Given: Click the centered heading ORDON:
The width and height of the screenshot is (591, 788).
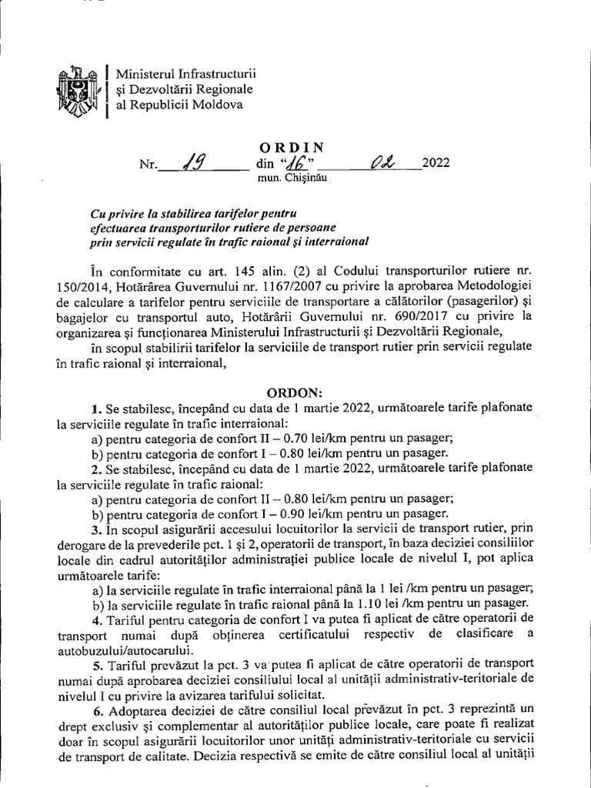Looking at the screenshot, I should click(295, 392).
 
